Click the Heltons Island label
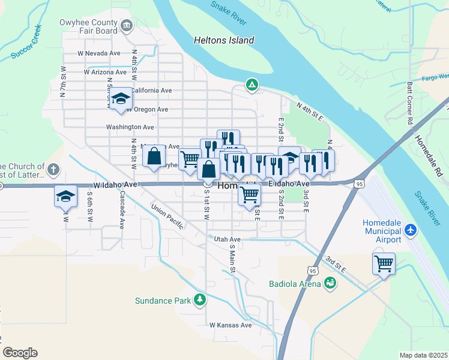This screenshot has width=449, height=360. [224, 41]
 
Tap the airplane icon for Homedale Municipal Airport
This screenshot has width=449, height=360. [411, 230]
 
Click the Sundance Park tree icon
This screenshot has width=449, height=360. [200, 300]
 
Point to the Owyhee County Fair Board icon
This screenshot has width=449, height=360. [127, 25]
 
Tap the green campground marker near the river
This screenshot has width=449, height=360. [252, 85]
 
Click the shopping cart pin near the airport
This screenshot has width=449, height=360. [384, 263]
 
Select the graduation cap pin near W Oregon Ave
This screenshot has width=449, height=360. [121, 100]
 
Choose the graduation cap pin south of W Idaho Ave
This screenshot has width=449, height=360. [66, 196]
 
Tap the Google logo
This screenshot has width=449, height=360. [20, 352]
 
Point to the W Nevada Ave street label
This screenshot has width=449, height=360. [99, 53]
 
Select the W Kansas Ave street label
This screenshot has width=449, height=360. [231, 325]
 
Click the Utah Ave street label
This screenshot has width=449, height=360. [227, 239]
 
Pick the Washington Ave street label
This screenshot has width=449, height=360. [130, 127]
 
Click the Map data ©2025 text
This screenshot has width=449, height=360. [423, 355]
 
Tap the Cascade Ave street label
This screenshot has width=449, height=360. [122, 210]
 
